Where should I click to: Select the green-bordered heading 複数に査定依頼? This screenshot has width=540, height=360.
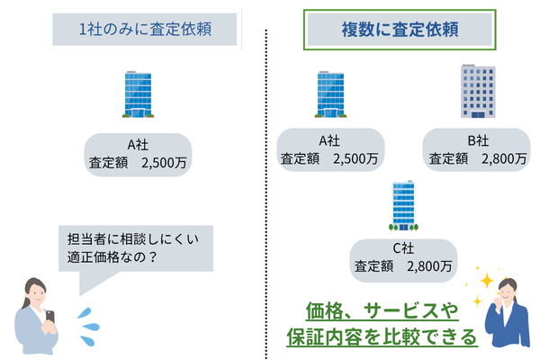398,29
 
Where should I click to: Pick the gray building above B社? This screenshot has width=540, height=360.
476,92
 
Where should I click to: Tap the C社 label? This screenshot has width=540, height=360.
402,248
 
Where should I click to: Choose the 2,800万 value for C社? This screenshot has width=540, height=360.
429,266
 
